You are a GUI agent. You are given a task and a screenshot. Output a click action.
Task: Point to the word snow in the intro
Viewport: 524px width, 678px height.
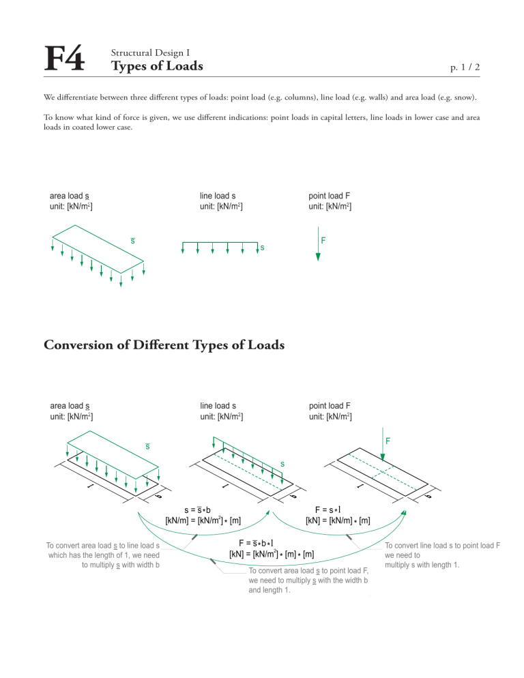point(464,98)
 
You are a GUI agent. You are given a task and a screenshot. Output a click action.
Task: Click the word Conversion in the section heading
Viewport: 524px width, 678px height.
point(86,345)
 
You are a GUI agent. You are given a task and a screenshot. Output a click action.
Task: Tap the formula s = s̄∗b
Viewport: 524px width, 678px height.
point(197,509)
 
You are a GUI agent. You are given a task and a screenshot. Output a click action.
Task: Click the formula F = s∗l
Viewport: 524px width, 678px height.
point(327,509)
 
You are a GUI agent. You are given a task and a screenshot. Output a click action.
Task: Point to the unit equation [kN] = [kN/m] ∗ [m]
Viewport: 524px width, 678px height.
point(338,520)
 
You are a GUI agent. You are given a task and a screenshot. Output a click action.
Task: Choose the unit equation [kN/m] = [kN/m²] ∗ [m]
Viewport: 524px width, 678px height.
point(203,520)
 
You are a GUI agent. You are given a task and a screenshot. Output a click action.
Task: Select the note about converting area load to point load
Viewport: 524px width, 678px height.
point(308,580)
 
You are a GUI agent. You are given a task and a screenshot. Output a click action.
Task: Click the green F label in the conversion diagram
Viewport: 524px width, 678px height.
point(388,441)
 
